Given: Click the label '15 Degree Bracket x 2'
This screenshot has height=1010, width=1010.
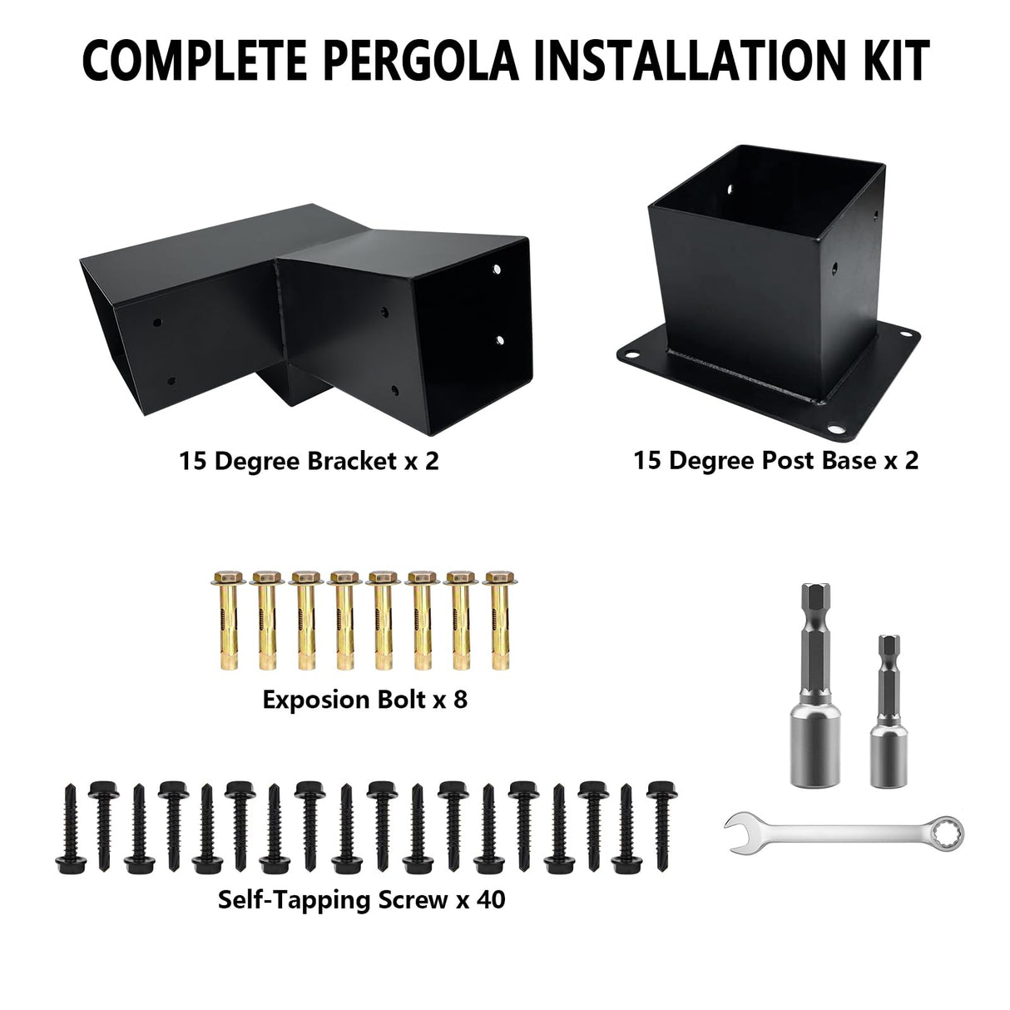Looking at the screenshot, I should [x=308, y=461].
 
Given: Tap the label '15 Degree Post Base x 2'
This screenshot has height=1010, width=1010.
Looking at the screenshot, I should [x=775, y=460].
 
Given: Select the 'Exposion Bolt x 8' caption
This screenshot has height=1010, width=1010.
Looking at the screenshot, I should [x=364, y=700].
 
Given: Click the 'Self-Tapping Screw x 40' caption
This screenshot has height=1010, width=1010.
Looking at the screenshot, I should [x=361, y=899].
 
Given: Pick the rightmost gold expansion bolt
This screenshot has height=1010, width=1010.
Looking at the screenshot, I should [x=498, y=620].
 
